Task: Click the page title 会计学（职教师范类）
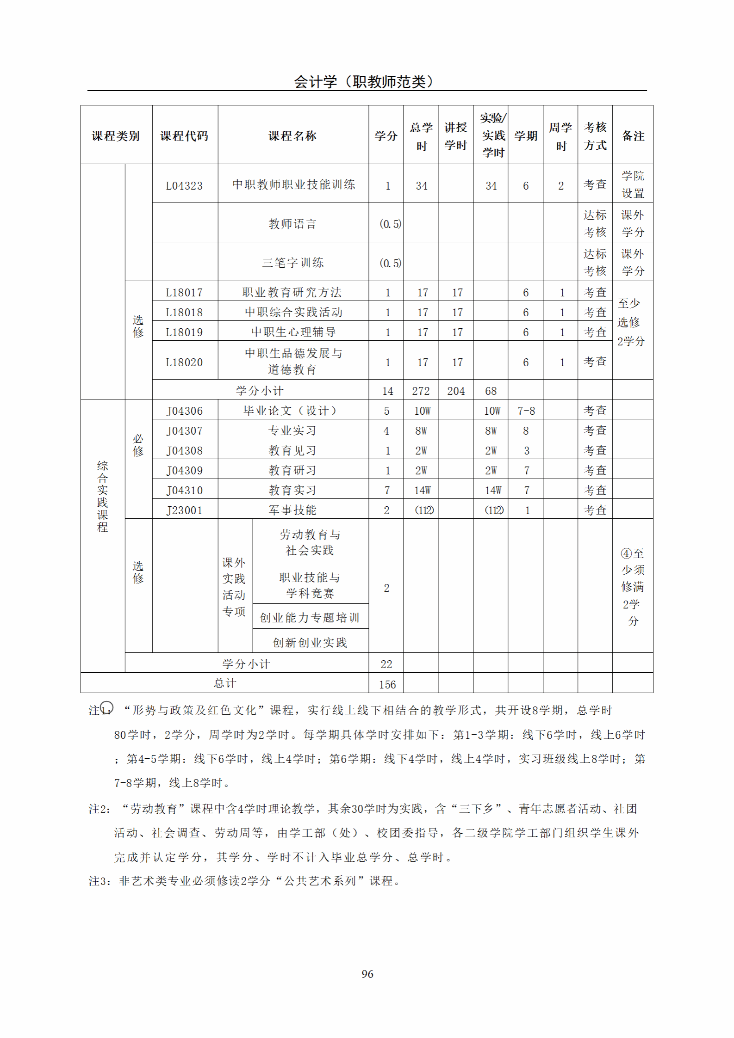(364, 82)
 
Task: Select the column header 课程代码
(184, 136)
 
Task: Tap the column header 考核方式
(595, 136)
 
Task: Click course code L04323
(184, 186)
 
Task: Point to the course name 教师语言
(292, 224)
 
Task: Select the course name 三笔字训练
(292, 263)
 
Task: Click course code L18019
(184, 332)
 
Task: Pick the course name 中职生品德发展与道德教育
(292, 362)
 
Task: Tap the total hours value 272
(421, 391)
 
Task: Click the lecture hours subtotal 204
(456, 391)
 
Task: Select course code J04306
(184, 411)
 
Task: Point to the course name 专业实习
(292, 431)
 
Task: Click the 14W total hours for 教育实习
(422, 491)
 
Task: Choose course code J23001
(184, 510)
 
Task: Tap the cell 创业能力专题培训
(310, 618)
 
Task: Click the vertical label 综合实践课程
(102, 496)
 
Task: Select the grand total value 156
(387, 685)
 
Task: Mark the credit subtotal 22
(386, 664)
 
